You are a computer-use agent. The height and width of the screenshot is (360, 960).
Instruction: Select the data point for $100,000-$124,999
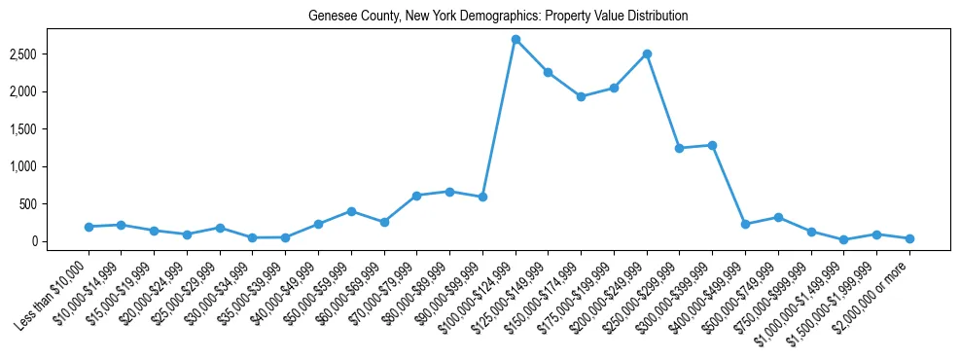click(516, 39)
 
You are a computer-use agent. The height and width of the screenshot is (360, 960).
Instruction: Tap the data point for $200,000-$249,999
click(647, 54)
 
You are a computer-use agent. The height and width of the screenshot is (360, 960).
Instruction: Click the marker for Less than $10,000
click(89, 227)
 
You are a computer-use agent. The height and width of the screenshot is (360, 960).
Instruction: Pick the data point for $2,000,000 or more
click(909, 238)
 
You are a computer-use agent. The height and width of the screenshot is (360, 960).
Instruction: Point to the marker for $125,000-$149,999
click(549, 72)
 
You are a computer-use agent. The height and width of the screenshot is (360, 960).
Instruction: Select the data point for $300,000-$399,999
click(713, 145)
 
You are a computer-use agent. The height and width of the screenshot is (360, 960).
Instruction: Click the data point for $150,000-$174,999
click(581, 96)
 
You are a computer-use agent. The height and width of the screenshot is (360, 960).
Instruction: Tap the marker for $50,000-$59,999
click(351, 211)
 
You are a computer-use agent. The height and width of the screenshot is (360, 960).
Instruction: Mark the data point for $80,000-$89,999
click(449, 192)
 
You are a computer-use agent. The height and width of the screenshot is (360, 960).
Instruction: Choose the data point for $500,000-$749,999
click(778, 217)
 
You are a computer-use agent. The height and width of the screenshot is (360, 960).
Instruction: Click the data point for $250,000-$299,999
click(680, 148)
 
